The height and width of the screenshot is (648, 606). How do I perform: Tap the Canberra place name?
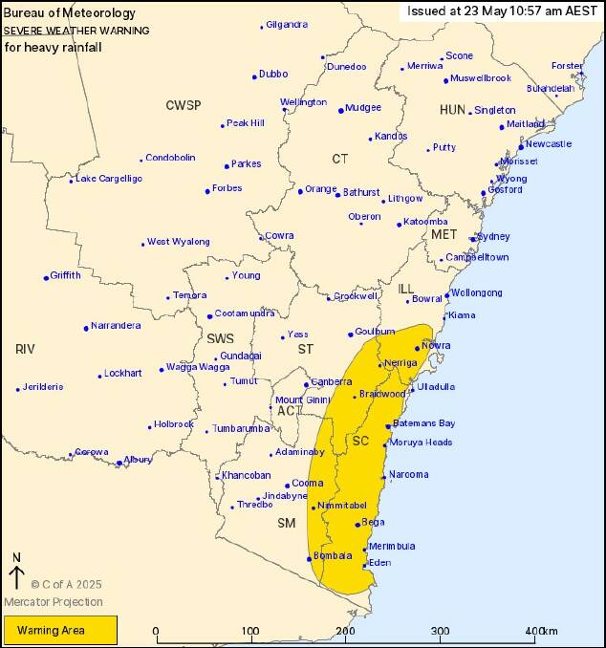click(x=332, y=381)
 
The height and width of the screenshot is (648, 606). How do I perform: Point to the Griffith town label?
click(x=66, y=275)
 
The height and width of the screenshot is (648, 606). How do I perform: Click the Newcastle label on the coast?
click(x=549, y=143)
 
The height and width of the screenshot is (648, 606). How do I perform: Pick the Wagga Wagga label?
click(x=198, y=367)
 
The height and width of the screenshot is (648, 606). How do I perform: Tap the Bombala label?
click(x=333, y=555)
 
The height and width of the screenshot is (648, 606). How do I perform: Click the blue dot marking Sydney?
click(x=472, y=239)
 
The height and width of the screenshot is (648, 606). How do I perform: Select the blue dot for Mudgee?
click(x=341, y=110)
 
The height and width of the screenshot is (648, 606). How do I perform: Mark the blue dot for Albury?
click(x=119, y=464)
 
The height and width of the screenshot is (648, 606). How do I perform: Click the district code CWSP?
click(x=184, y=105)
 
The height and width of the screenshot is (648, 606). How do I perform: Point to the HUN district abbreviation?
click(x=452, y=110)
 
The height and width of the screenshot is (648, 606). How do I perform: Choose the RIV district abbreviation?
click(x=25, y=349)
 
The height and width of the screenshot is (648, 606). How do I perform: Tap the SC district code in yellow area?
click(x=360, y=441)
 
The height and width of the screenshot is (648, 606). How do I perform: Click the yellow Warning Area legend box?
click(x=60, y=630)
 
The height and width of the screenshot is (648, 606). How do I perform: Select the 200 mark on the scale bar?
click(x=345, y=632)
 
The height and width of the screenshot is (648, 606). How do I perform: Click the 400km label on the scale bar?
click(x=541, y=632)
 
